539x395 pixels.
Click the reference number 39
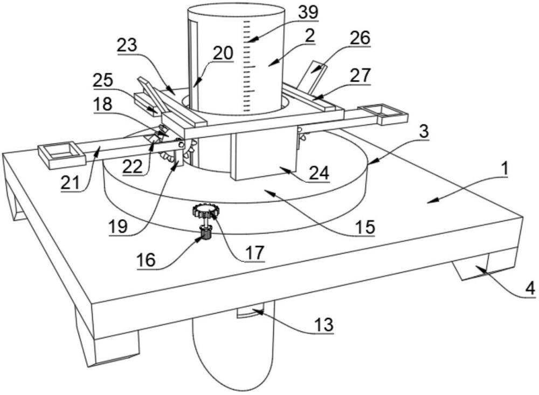[x=308, y=13]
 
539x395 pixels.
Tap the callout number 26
[x=360, y=38]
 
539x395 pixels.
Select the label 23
[x=127, y=45]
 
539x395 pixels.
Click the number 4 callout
[x=531, y=288]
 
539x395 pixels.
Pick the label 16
[x=146, y=260]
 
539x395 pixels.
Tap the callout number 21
[x=70, y=182]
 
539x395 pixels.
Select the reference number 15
[x=365, y=227]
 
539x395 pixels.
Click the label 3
[x=424, y=131]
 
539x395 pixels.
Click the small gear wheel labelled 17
[x=205, y=210]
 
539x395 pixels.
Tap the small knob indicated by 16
[x=205, y=234]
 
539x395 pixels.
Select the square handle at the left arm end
[x=62, y=156]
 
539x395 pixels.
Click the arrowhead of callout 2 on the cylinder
[x=271, y=64]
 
